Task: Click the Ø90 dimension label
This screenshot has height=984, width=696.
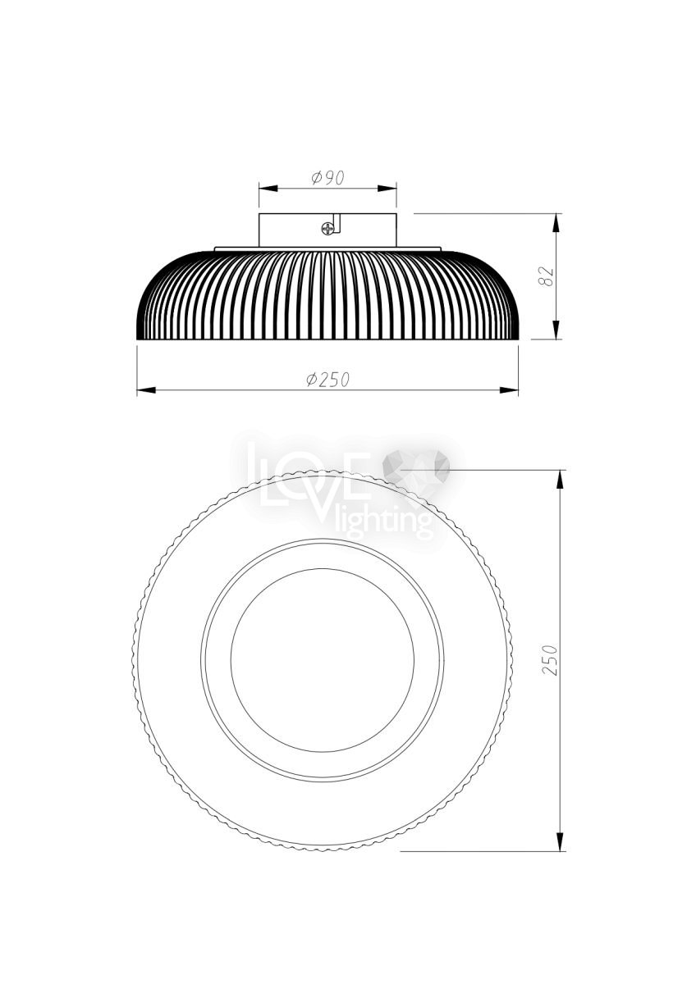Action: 327,178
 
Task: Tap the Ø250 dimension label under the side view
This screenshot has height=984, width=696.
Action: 328,379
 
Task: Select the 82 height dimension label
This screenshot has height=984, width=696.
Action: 547,276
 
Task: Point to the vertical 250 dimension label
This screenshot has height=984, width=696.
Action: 550,660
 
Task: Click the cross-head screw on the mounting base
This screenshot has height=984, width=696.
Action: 327,229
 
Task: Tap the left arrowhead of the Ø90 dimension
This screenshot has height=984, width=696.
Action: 268,189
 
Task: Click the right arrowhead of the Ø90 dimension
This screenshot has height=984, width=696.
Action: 387,189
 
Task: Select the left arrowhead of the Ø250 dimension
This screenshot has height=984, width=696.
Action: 146,390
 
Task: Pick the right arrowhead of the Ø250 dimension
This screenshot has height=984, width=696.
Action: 509,390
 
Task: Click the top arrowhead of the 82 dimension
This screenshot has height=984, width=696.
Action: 556,223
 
